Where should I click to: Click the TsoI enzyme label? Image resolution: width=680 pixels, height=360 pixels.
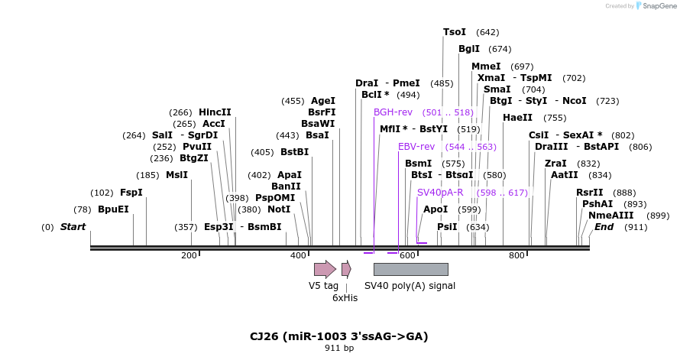tap(455, 32)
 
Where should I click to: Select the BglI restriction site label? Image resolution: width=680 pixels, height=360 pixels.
tap(469, 49)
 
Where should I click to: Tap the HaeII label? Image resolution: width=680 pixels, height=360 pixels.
tap(517, 118)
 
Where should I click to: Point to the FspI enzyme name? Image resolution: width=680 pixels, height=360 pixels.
tap(131, 193)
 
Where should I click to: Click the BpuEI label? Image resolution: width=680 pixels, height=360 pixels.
tap(113, 209)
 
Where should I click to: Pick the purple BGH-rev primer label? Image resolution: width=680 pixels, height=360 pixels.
tap(393, 112)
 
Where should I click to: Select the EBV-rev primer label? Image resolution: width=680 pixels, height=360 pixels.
tap(416, 147)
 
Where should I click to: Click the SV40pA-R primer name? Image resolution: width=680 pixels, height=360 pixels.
tap(440, 193)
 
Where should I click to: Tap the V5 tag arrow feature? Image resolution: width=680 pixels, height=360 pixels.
tap(325, 269)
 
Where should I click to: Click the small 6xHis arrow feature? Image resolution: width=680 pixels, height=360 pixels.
tap(346, 269)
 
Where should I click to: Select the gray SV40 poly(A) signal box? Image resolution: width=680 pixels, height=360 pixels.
tap(410, 269)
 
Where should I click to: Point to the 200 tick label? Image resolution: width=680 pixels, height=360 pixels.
tap(189, 255)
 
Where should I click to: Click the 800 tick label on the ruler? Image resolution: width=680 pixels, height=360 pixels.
tap(516, 255)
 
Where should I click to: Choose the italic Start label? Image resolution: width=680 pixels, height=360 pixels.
tap(73, 227)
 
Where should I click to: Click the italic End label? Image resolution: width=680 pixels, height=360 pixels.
tap(604, 227)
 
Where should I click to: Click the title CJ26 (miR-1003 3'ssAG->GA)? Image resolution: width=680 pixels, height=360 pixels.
tap(338, 336)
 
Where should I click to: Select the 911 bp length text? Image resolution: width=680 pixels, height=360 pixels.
tap(339, 349)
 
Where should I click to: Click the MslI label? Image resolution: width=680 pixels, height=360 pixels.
tap(176, 175)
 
